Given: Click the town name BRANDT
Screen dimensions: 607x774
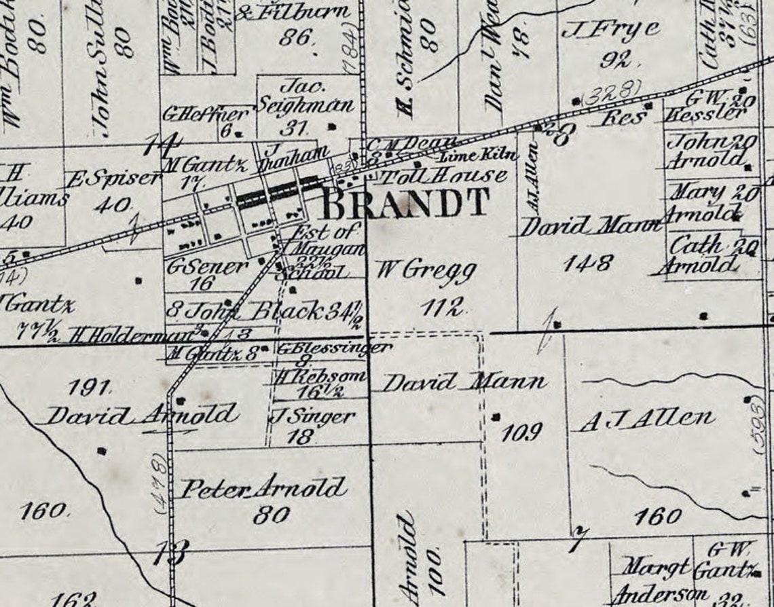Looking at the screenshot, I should (405, 202).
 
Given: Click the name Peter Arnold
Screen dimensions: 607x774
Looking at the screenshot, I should (265, 488).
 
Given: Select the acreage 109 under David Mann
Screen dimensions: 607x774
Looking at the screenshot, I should (521, 432).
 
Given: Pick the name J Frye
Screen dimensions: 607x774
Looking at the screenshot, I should (610, 29).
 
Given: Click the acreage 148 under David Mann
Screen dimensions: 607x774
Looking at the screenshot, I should (587, 261).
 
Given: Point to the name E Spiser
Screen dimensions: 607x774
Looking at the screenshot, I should (113, 179).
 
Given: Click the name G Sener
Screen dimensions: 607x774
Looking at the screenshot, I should (207, 267).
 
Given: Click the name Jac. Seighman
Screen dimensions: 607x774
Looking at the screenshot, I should (305, 97).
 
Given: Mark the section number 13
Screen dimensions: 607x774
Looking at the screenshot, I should (169, 553).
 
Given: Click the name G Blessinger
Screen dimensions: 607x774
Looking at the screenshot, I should (334, 348).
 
